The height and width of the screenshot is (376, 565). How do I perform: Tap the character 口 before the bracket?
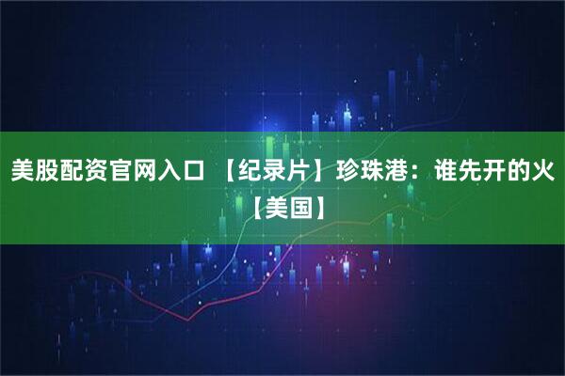[192, 171]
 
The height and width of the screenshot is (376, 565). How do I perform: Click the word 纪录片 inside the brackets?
[277, 171]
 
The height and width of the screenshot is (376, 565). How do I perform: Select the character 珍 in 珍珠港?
[349, 171]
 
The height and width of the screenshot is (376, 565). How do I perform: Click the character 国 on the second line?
[297, 201]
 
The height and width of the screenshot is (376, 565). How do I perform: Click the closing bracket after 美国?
[317, 201]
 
